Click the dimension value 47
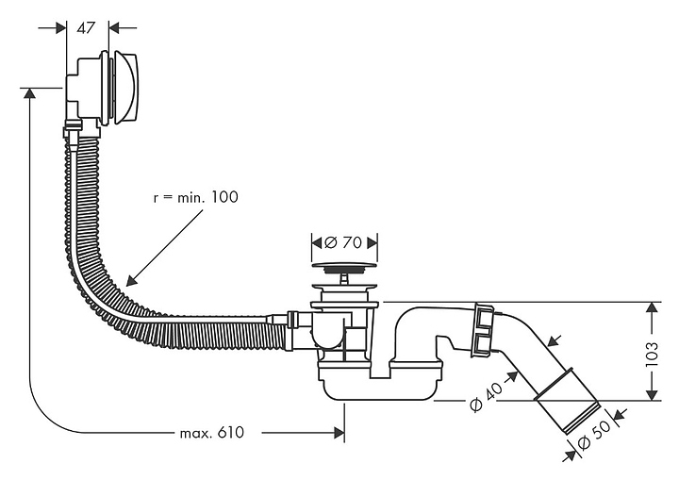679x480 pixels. point(87,28)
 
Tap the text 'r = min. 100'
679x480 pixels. point(195,198)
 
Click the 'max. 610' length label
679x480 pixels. point(211,433)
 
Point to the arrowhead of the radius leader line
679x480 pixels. point(131,280)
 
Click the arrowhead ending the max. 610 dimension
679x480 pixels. point(337,433)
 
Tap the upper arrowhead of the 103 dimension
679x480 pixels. point(651,308)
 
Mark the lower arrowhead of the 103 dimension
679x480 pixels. point(651,394)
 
